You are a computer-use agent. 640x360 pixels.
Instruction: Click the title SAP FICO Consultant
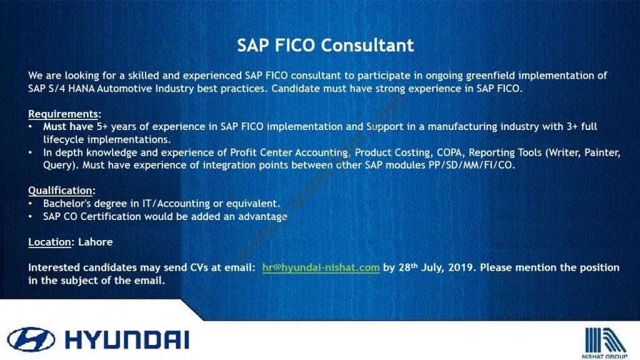point(325,45)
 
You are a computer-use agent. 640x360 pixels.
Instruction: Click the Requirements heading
point(63,114)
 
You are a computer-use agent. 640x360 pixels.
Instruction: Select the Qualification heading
point(61,191)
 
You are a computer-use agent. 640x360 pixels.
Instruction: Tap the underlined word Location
point(49,242)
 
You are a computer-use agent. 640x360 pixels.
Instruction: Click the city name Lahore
point(96,242)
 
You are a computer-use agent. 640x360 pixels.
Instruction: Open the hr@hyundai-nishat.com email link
point(321,267)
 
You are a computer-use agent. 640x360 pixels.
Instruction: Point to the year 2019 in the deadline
point(461,267)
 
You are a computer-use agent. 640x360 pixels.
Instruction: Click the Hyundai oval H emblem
point(31,339)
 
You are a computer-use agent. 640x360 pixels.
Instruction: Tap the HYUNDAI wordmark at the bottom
point(127,339)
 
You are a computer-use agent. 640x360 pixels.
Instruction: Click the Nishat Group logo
point(605,343)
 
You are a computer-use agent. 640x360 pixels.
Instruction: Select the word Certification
point(110,216)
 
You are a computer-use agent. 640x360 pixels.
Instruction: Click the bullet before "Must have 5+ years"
point(31,126)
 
